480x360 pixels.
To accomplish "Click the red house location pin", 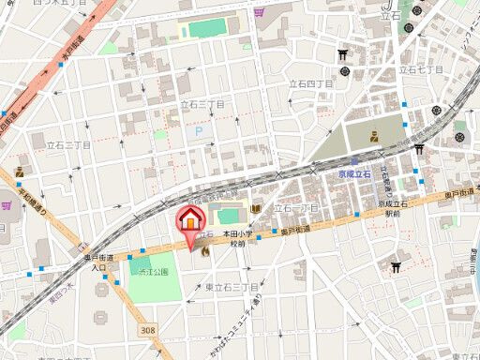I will coord(190,222).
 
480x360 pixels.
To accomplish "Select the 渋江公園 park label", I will coord(149,272).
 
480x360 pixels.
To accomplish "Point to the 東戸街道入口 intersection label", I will coord(97,262).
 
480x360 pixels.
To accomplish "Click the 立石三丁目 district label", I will coord(202,105).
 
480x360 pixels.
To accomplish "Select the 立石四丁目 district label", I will coord(312,84).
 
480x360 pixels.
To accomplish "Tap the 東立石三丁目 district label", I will coord(232,286).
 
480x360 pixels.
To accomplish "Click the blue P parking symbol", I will coord(198,132).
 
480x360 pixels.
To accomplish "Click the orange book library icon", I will coord(255,208).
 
